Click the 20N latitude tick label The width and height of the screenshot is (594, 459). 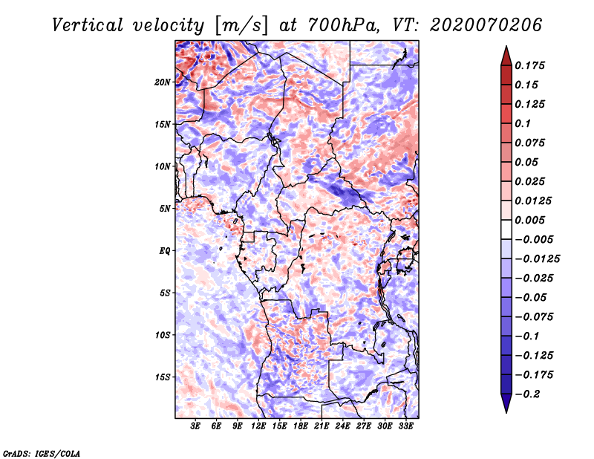(163, 82)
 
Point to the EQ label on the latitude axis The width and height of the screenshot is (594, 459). (165, 250)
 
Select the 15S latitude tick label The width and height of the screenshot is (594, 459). (163, 377)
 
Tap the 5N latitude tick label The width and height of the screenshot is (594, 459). (165, 209)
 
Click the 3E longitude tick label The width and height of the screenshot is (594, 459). (196, 426)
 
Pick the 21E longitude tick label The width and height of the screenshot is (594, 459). (322, 426)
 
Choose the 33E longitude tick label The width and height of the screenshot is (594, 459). (405, 426)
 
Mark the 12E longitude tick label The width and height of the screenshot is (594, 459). (258, 426)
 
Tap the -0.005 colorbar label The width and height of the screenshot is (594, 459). (535, 239)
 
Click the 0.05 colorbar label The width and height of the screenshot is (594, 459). (528, 162)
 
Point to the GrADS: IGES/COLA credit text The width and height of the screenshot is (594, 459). (41, 452)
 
